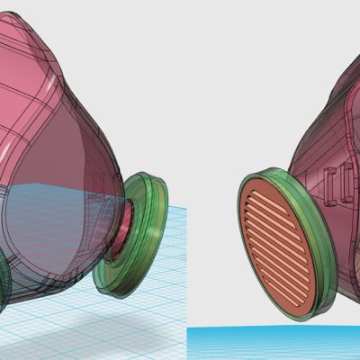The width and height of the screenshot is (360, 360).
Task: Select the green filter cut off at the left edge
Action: (x=4, y=270)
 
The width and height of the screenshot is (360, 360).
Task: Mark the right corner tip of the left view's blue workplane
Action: (x=186, y=209)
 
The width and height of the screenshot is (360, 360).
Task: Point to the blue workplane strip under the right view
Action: (x=270, y=342)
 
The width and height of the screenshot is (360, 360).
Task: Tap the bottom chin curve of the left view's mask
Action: (x=63, y=292)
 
